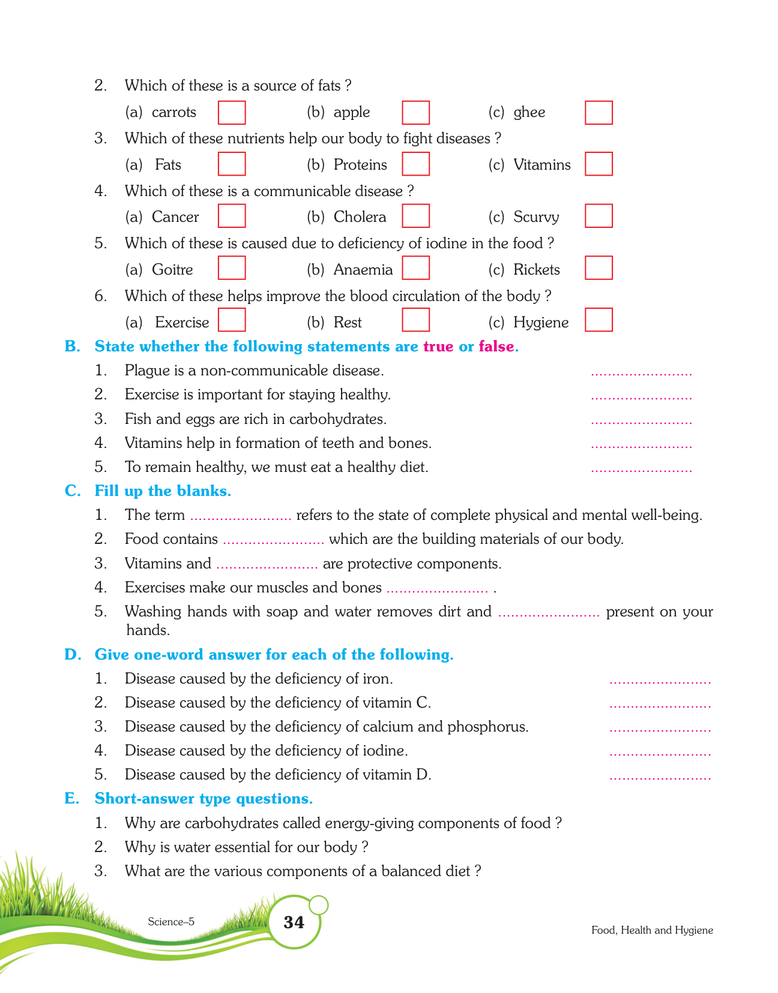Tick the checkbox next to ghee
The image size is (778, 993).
[x=599, y=113]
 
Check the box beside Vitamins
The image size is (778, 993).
[x=599, y=164]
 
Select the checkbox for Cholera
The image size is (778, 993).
[x=415, y=216]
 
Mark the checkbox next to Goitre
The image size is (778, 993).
[x=232, y=268]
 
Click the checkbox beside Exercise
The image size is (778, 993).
[x=232, y=320]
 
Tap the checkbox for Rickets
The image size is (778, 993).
[x=599, y=268]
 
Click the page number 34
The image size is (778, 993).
[x=294, y=922]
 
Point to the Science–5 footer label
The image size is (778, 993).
[x=171, y=922]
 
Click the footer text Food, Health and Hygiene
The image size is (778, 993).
[x=652, y=930]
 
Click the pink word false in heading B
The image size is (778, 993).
[x=496, y=347]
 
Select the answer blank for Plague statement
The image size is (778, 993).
[x=641, y=372]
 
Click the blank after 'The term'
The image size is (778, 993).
[x=240, y=517]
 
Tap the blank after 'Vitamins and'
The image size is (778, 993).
[x=267, y=565]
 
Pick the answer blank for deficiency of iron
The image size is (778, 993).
[x=660, y=681]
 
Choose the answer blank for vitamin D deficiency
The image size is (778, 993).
[x=660, y=777]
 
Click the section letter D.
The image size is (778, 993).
[x=72, y=655]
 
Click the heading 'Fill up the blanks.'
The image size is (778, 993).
[x=163, y=491]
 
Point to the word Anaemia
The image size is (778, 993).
[x=363, y=270]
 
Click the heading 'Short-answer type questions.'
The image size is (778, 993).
[x=204, y=799]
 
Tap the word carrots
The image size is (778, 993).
[x=173, y=113]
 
